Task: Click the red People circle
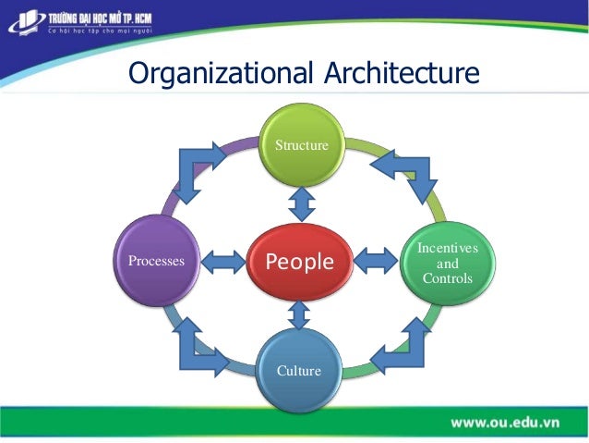click(299, 262)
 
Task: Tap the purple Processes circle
click(156, 262)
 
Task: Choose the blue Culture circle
click(298, 370)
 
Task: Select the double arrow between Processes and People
click(222, 263)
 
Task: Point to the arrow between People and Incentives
click(375, 262)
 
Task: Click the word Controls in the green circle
click(447, 278)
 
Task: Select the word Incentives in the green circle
click(447, 248)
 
